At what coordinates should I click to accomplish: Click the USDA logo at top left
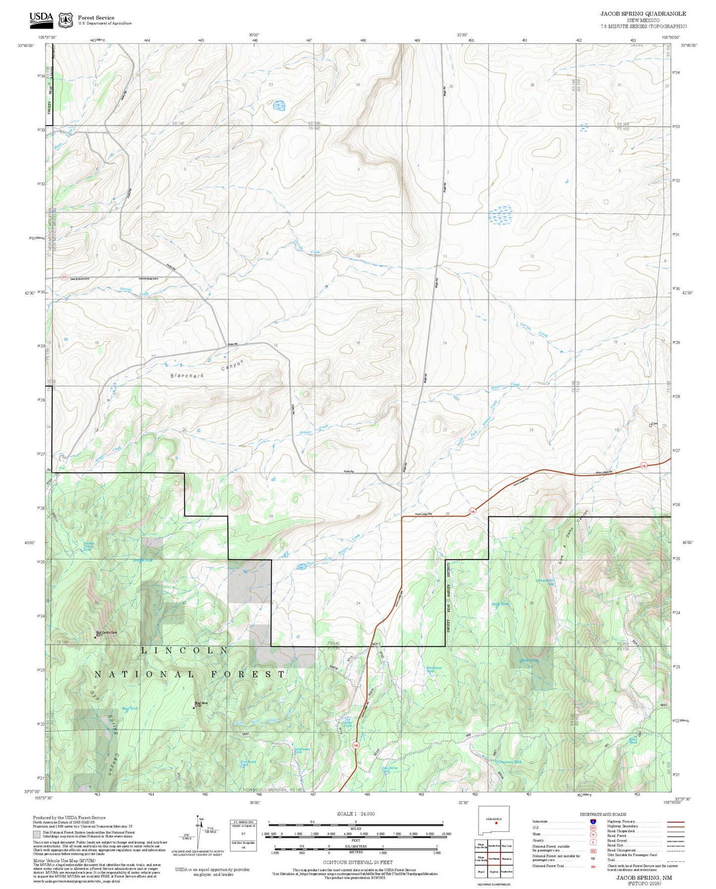click(41, 18)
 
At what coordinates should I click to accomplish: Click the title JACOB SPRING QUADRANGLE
click(643, 14)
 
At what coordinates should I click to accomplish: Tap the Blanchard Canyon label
click(208, 370)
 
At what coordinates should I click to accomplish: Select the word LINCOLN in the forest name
click(184, 650)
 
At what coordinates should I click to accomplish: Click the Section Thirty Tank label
click(88, 546)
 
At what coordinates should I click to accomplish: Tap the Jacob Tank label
click(499, 604)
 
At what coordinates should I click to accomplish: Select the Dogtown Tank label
click(510, 762)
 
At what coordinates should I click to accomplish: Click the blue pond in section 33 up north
click(279, 105)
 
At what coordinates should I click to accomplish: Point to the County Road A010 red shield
click(64, 277)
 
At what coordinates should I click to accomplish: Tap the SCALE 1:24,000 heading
click(355, 814)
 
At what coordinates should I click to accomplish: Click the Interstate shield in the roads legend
click(593, 822)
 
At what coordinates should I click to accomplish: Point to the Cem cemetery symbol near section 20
click(651, 425)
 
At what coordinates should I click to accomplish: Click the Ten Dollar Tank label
click(347, 723)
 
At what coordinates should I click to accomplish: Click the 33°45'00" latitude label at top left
click(26, 45)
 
